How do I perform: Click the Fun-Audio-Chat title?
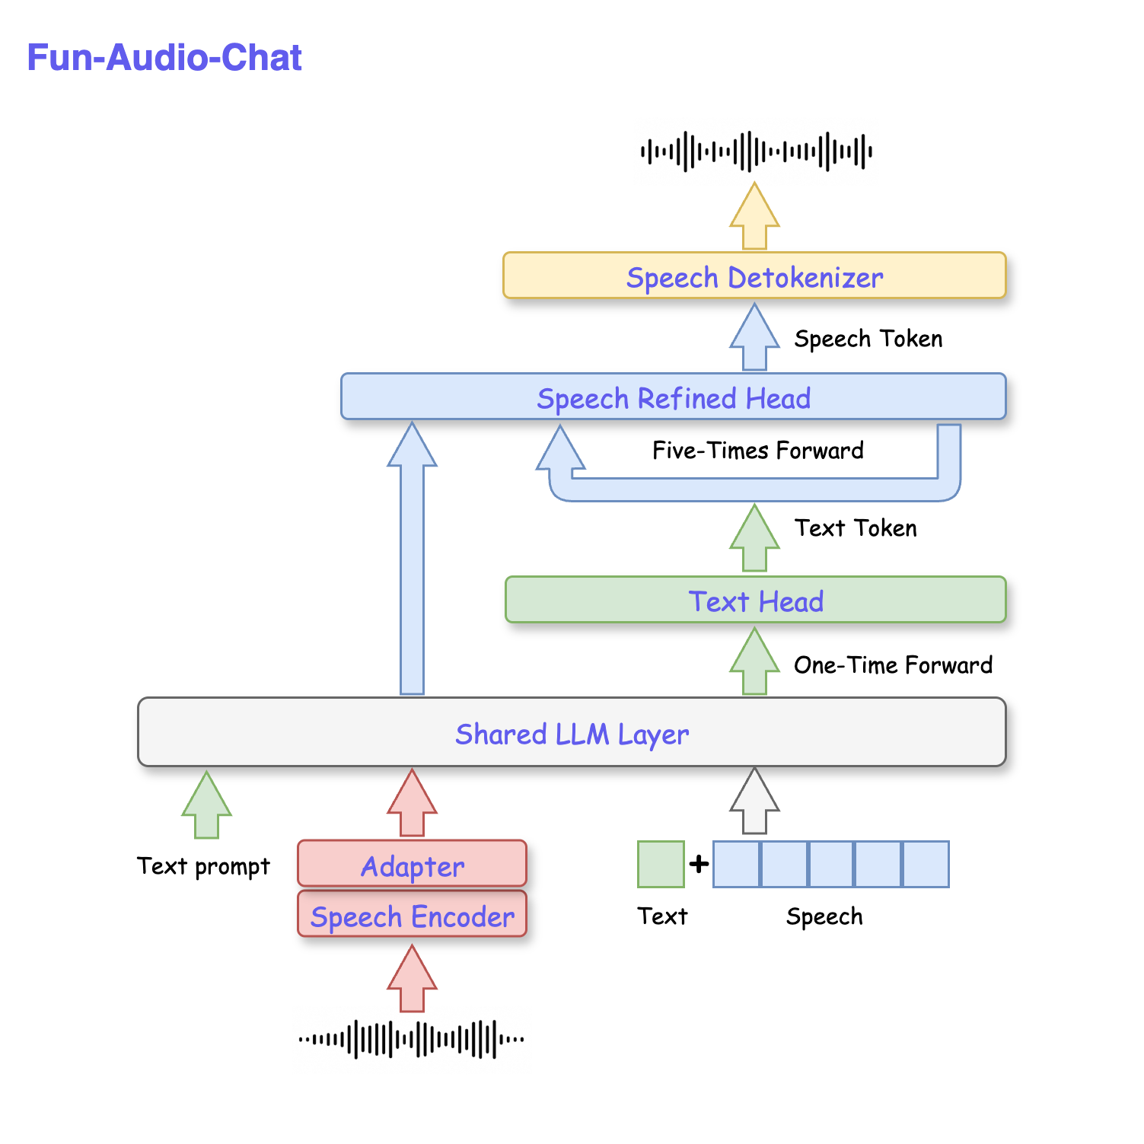point(164,58)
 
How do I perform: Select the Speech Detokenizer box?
point(754,276)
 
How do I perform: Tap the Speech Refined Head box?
point(673,397)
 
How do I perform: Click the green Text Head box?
point(755,601)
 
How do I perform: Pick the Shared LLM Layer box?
point(572,733)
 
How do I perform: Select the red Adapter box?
point(412,865)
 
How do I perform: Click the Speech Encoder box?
point(412,916)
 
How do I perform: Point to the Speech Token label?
point(868,339)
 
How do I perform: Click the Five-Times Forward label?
point(757,451)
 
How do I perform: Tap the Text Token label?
point(855,528)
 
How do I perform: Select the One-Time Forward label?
point(892,665)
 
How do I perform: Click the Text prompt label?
point(203,866)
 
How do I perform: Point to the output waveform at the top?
point(755,151)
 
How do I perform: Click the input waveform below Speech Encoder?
point(412,1039)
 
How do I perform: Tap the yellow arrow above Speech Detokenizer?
point(754,217)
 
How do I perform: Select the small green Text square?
point(661,865)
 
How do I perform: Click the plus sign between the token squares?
point(699,865)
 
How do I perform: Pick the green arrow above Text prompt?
point(206,805)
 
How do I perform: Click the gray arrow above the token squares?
point(754,801)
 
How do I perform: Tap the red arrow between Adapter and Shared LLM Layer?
point(412,803)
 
